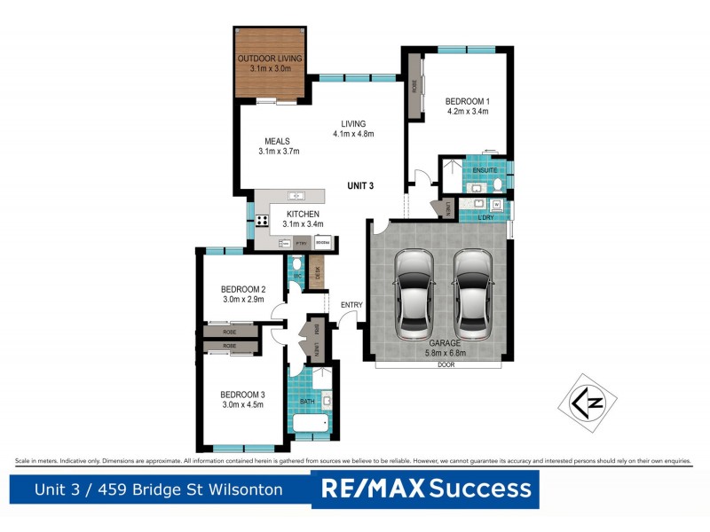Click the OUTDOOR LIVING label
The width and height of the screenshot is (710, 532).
(x=270, y=59)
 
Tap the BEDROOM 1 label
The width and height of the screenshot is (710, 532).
(x=468, y=101)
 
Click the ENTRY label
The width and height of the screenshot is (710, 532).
(x=351, y=305)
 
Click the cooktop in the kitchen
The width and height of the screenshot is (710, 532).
(x=263, y=221)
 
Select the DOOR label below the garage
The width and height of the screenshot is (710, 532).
(x=443, y=364)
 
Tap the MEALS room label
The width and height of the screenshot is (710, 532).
(x=277, y=141)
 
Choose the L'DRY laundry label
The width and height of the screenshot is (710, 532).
(x=485, y=217)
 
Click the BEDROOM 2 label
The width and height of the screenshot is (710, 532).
(x=243, y=289)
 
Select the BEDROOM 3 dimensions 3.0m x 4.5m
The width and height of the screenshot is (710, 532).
(x=243, y=405)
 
